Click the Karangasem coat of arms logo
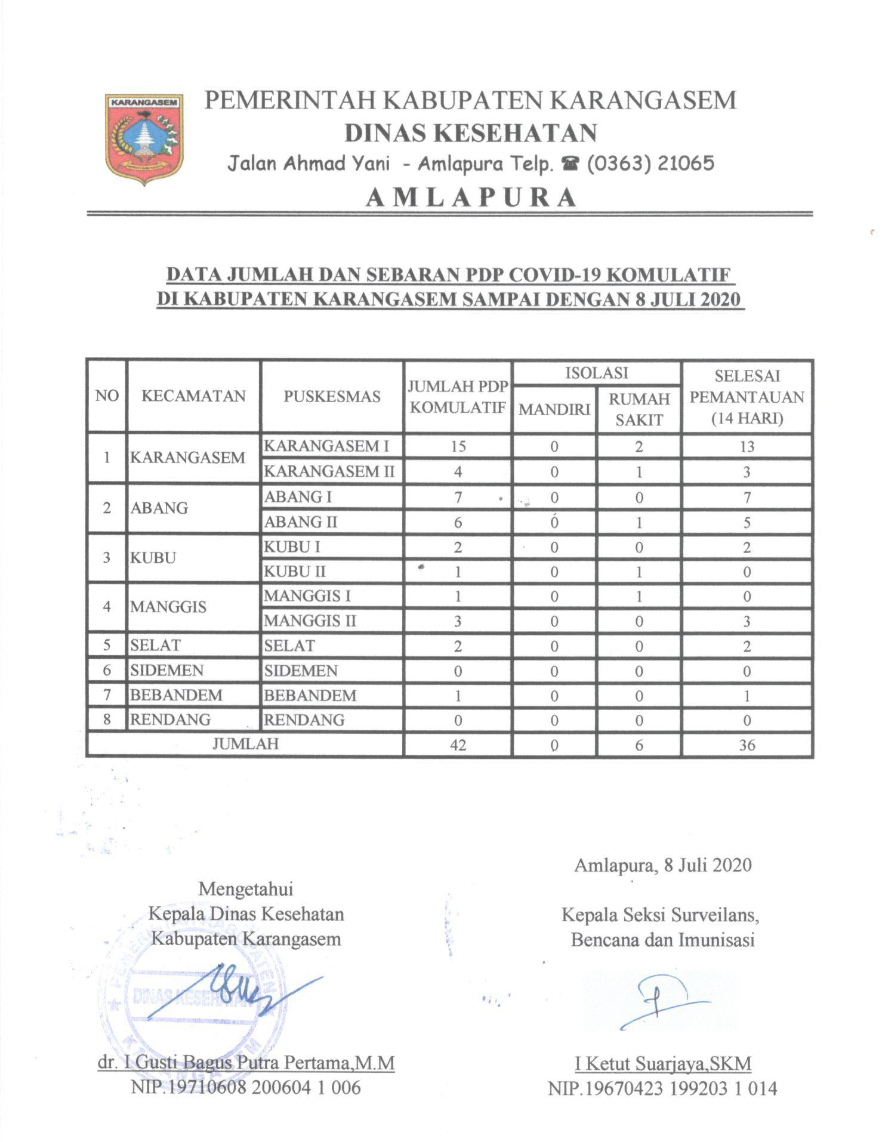144,138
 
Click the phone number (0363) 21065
650,163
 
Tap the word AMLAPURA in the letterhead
471,197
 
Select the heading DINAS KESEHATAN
471,132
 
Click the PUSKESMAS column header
332,396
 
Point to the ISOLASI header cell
596,373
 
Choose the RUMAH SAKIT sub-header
639,409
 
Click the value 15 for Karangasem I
458,446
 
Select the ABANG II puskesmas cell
301,522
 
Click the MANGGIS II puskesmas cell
310,621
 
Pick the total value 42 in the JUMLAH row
458,745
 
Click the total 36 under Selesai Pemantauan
747,745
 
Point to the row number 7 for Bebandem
107,695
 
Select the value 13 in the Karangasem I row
747,446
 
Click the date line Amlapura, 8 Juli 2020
662,865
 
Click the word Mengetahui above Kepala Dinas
246,889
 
